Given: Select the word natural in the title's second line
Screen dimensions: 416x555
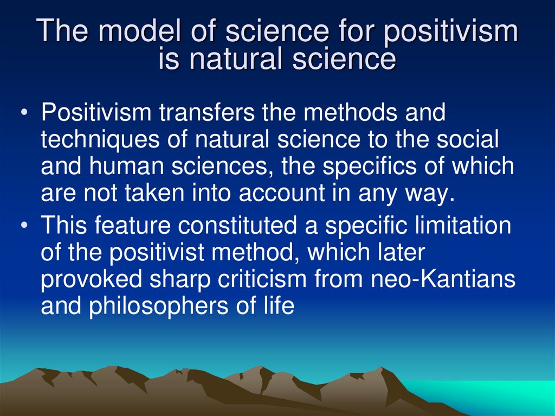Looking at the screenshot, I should click(238, 59).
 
